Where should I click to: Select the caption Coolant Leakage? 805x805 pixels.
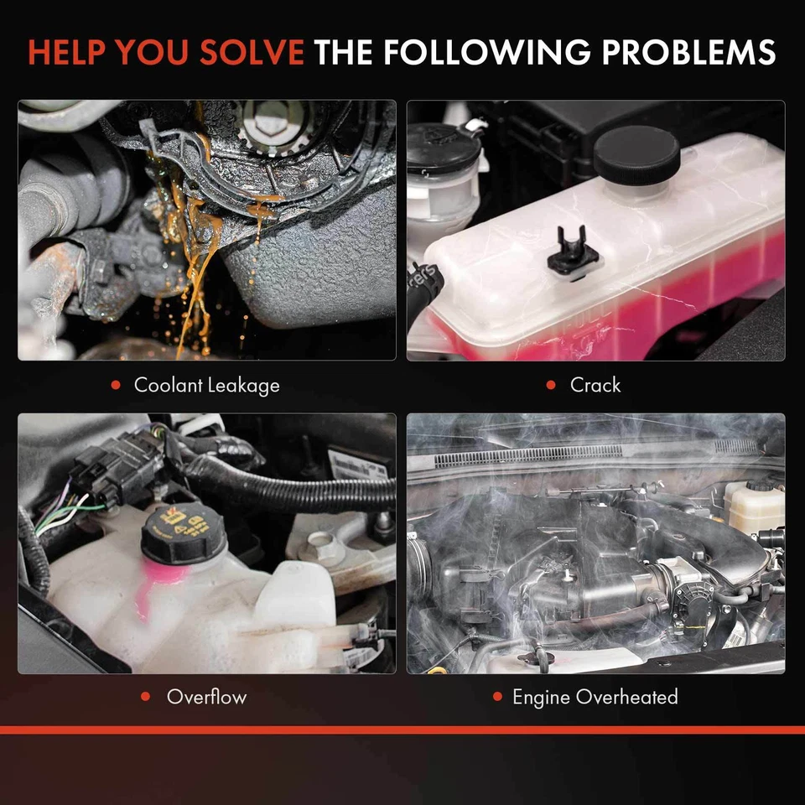[x=206, y=386]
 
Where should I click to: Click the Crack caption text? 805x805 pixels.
[x=595, y=386]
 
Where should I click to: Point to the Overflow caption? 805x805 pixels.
[x=206, y=697]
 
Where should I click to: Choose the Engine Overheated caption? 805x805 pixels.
[x=595, y=697]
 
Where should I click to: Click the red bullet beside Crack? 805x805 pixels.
[x=551, y=386]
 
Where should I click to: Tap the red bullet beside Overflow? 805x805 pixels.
[x=146, y=697]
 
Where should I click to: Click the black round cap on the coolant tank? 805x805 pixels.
[x=636, y=155]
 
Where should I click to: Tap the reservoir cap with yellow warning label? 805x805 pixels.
[x=184, y=533]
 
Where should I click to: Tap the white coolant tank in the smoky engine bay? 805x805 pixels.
[x=754, y=506]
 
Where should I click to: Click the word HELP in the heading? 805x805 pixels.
[x=67, y=52]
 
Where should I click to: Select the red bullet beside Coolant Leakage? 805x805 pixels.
[x=116, y=386]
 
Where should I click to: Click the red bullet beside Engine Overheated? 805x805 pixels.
[x=496, y=697]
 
